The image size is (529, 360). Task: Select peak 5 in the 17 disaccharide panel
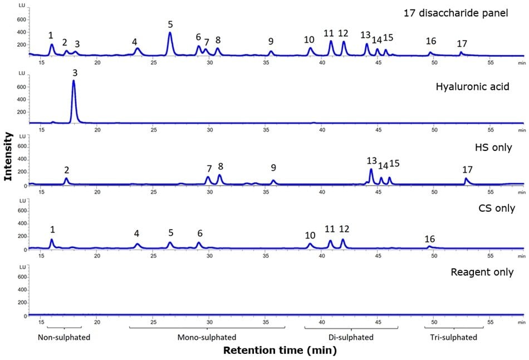tap(170, 42)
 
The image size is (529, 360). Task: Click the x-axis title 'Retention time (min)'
tap(280, 351)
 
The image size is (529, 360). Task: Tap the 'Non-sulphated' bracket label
tap(64, 338)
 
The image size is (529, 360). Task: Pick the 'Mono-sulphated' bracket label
tap(207, 338)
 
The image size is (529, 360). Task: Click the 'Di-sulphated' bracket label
tap(351, 338)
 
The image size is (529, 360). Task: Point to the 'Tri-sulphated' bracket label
tap(453, 338)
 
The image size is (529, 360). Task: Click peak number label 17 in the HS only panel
tap(468, 169)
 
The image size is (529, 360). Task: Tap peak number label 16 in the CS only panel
tap(430, 239)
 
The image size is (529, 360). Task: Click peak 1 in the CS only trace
tap(52, 243)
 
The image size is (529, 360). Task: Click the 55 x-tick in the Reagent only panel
tap(490, 322)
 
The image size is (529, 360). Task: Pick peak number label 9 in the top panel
tap(271, 42)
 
